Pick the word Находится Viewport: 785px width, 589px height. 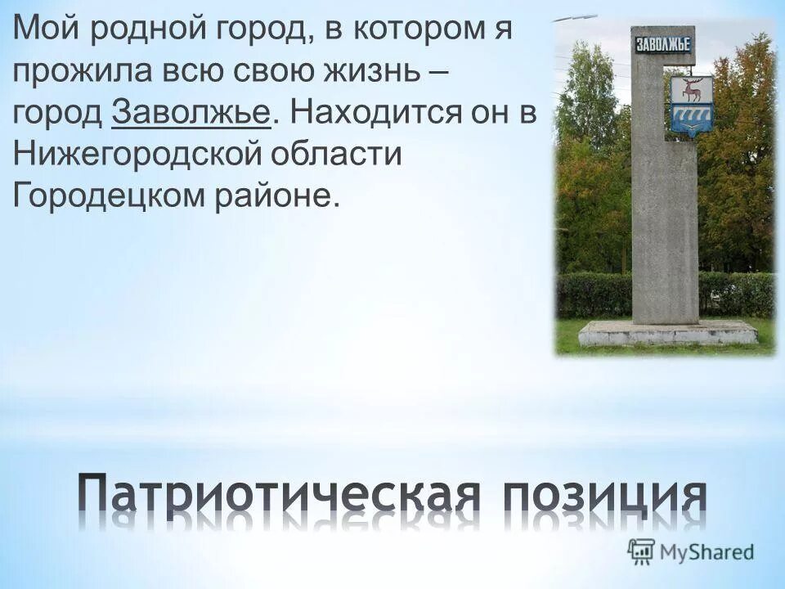coord(365,114)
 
